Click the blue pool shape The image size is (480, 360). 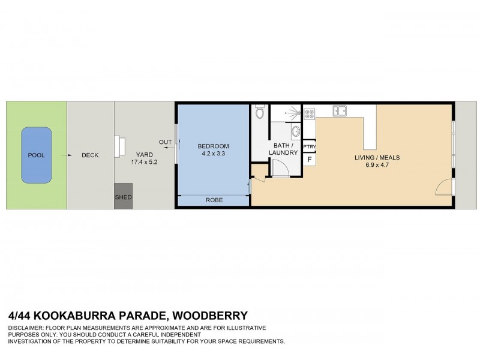[x=36, y=155]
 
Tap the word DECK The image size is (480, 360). [x=90, y=155]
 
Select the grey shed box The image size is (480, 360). [x=123, y=196]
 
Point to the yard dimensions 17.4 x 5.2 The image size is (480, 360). [x=144, y=162]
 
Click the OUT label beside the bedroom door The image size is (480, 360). [x=165, y=142]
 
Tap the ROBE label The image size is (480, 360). [x=214, y=200]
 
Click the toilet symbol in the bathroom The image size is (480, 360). [x=259, y=112]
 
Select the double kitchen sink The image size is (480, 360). [x=340, y=110]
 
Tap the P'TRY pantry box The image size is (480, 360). [x=310, y=147]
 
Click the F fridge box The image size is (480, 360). [x=310, y=159]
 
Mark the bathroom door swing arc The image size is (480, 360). [x=281, y=169]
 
